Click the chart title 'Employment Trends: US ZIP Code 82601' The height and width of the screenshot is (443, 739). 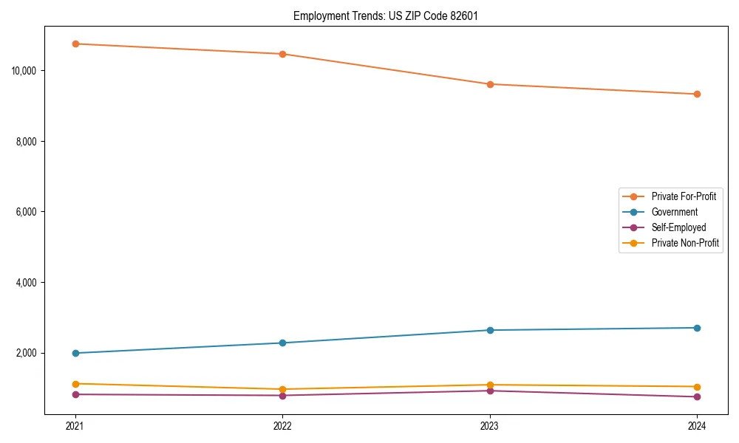coord(385,16)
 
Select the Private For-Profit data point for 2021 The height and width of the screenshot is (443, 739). coord(75,44)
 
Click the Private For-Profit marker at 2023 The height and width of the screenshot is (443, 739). coord(490,84)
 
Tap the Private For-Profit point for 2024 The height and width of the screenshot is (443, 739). coord(697,94)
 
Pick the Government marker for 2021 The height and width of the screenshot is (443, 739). coord(75,353)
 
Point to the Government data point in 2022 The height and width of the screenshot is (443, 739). coord(282,343)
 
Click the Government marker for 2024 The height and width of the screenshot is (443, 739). coord(697,328)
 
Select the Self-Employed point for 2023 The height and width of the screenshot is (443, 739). coord(490,391)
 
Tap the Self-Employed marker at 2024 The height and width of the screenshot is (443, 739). coord(697,396)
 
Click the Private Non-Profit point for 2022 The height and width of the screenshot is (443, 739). coord(282,389)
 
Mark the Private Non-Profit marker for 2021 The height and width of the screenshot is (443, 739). coord(75,384)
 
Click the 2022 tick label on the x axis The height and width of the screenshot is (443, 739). coord(282,425)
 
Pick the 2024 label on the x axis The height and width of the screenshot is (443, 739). coord(697,425)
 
